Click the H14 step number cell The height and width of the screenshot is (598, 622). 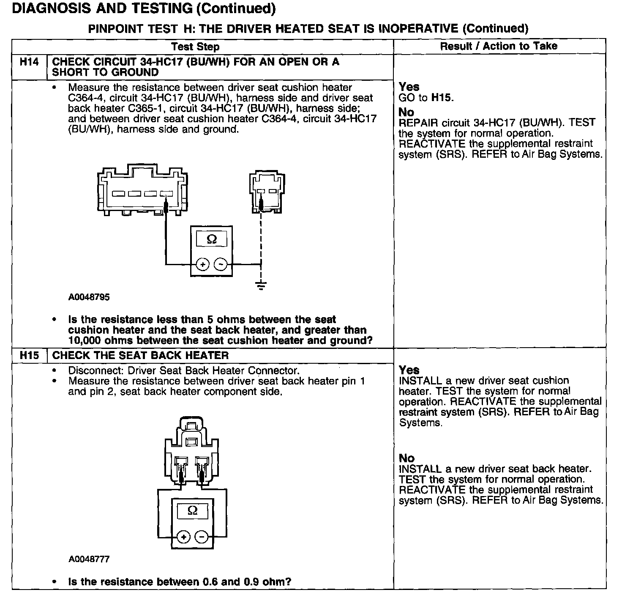point(29,62)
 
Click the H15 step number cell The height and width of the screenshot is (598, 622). point(29,355)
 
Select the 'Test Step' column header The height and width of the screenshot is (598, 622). point(195,47)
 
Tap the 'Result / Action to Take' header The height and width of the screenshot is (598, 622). point(499,46)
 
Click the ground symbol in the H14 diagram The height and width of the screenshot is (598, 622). point(261,285)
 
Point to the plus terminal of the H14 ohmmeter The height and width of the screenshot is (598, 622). point(203,265)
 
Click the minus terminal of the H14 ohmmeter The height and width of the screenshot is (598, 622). point(221,265)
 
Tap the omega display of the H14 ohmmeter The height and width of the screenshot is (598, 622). point(212,240)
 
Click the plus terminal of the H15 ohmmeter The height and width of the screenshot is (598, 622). point(183,537)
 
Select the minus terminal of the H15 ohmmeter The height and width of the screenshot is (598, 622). point(202,537)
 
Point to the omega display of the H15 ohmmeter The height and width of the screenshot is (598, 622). point(192,511)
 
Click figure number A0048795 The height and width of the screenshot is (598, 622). point(89,297)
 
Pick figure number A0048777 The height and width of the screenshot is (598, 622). point(89,559)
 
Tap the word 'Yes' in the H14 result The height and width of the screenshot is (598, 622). point(409,87)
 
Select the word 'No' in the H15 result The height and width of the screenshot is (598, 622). point(406,458)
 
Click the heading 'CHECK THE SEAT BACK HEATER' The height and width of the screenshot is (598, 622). point(140,355)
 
